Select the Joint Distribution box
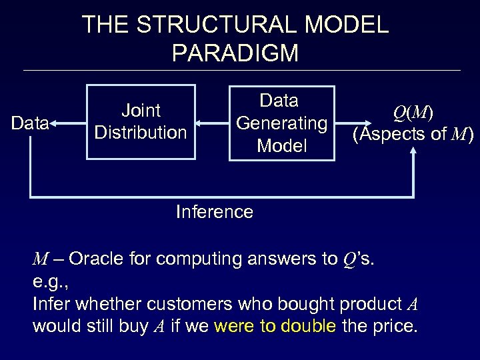point(140,122)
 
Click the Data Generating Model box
point(281,123)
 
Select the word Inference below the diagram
point(214,212)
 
